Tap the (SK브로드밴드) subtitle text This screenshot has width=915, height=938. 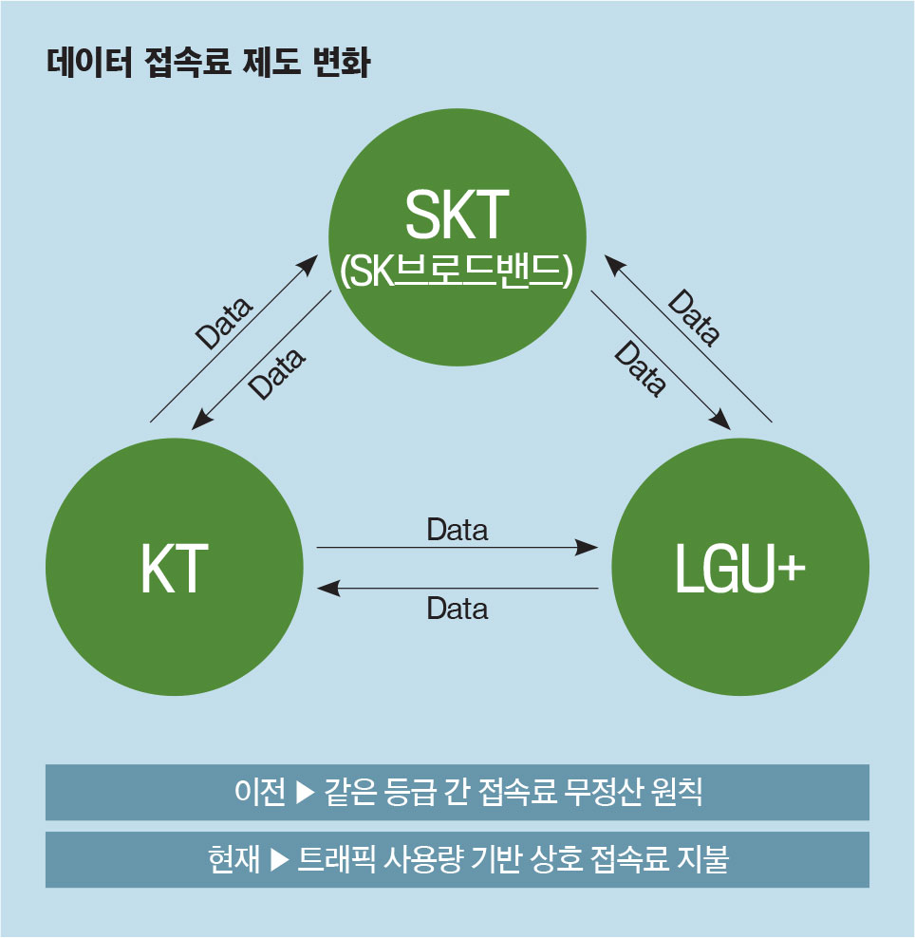pos(457,271)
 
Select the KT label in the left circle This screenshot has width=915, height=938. pos(174,569)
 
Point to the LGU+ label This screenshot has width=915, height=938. pos(739,569)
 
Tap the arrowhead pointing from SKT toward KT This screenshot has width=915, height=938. pos(201,419)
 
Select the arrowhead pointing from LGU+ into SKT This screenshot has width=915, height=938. pos(614,264)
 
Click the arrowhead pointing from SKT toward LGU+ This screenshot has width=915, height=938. pos(720,420)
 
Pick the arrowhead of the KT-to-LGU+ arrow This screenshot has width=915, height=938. pos(587,547)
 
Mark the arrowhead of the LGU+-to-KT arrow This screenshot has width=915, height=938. pos(328,588)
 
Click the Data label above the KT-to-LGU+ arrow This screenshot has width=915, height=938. pos(457,530)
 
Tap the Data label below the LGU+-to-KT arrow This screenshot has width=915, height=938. pos(457,609)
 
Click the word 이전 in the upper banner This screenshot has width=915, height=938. pos(259,792)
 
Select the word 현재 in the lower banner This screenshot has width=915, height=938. pos(233,859)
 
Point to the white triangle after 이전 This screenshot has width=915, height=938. pos(305,792)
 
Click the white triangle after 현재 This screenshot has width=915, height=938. pos(280,859)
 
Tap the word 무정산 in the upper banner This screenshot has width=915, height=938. pos(604,792)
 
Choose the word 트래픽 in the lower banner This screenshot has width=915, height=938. pos(336,859)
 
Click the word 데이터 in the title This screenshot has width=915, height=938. pos(89,62)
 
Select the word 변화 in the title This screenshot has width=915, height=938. pos(342,62)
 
